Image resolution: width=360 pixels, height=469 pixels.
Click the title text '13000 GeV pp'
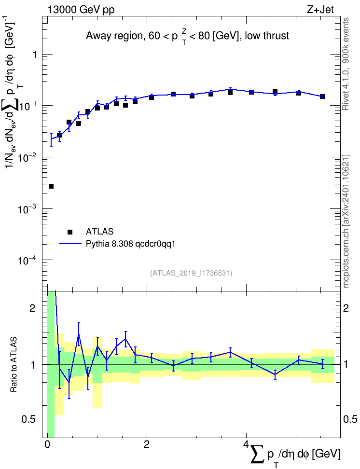[81, 10]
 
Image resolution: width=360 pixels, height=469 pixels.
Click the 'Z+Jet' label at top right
[320, 10]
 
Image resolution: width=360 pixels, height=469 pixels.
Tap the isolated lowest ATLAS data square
[51, 186]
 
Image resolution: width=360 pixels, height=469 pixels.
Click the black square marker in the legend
[70, 232]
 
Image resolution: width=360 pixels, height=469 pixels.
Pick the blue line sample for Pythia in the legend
[70, 244]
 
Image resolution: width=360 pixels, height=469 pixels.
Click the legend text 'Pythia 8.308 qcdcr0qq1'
[130, 244]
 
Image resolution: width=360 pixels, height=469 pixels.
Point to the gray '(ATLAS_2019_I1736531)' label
[191, 273]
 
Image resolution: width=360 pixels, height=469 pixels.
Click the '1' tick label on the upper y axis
[35, 55]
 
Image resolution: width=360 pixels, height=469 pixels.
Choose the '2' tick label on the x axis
[147, 444]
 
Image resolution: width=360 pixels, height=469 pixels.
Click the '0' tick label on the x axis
[47, 444]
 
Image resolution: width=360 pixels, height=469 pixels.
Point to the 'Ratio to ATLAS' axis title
[14, 364]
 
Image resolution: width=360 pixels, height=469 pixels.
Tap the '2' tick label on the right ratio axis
[346, 308]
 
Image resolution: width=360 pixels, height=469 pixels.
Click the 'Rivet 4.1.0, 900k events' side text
[346, 64]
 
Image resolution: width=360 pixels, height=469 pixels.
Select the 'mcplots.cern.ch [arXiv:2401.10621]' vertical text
[346, 221]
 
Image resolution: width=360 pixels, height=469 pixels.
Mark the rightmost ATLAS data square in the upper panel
[322, 97]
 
